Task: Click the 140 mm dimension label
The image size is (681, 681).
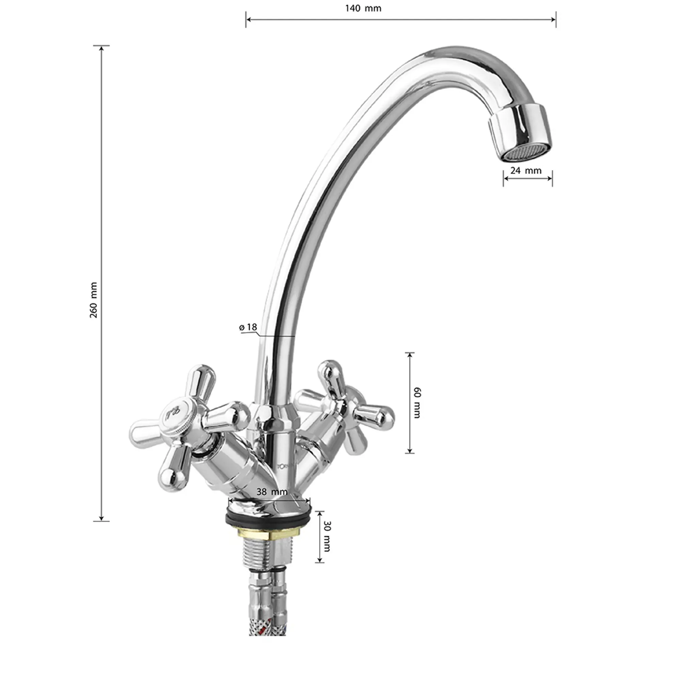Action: tap(363, 8)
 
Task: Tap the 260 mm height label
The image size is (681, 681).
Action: tap(93, 300)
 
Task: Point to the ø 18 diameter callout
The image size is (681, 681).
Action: tap(248, 327)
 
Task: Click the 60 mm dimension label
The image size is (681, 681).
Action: tap(417, 402)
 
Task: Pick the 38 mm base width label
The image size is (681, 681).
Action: tap(272, 492)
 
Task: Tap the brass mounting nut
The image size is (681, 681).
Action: tap(268, 534)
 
